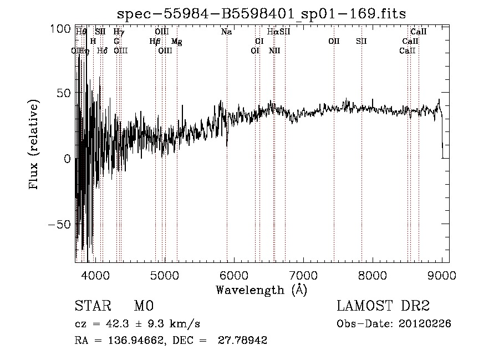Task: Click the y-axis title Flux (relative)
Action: (34, 145)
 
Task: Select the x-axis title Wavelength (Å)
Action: (261, 290)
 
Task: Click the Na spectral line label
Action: (226, 32)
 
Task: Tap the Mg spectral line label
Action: (176, 42)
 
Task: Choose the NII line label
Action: (274, 51)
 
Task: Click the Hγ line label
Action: (119, 32)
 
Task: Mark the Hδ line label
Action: (103, 51)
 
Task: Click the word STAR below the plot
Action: (92, 306)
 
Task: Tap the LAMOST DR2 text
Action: (383, 306)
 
